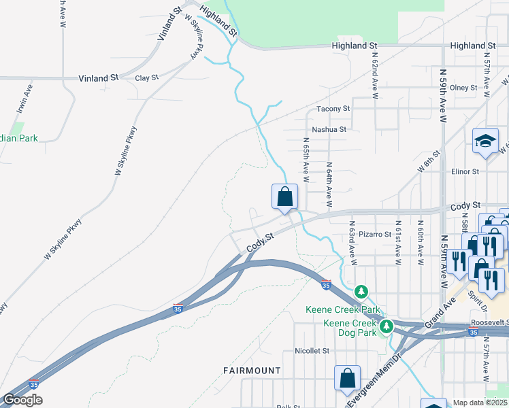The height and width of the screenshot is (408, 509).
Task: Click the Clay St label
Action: point(146,78)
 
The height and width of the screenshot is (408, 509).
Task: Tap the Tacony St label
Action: point(333,109)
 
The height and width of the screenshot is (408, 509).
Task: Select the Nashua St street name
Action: point(329,129)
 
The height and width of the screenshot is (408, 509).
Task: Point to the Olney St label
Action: point(463,88)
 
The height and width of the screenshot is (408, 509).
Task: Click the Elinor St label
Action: point(465,172)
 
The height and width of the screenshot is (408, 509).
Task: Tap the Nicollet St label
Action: point(312,352)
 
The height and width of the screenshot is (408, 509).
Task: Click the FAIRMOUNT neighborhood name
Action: point(252,371)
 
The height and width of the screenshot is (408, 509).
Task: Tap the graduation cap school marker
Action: point(486,140)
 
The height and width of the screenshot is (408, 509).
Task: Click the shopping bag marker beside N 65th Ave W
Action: point(285,197)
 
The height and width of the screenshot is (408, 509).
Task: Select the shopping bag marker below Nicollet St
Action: point(347,379)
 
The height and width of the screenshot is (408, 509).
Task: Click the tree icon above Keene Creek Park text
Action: point(361,292)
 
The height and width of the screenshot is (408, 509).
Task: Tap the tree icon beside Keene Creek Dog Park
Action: point(387,326)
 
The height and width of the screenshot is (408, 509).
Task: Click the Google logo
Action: point(22,401)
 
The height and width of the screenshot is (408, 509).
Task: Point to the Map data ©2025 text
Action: point(480,403)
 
